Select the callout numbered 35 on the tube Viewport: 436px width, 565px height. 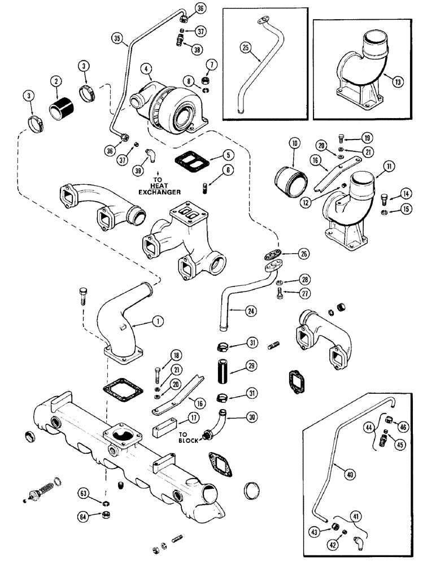(x=117, y=39)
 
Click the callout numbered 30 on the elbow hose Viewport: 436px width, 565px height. (x=251, y=417)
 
